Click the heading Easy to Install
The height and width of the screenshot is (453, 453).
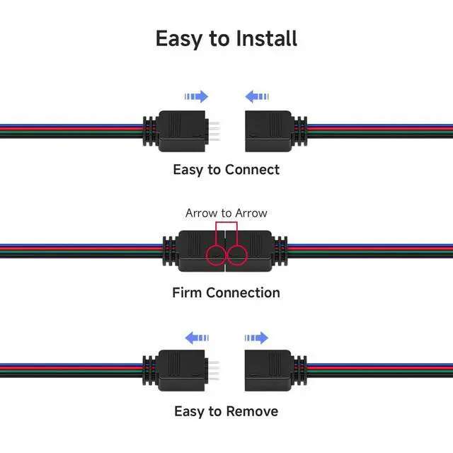coord(226,38)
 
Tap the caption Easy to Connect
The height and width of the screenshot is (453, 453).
coord(226,170)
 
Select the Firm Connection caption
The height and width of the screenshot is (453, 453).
coord(226,292)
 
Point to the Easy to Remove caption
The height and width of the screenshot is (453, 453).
coord(226,411)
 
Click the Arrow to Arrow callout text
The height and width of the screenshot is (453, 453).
coord(226,213)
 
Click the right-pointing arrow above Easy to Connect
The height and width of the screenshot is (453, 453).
coord(196,96)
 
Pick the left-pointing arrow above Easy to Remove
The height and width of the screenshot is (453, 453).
coord(196,338)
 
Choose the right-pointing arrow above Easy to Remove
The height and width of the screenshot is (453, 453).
coord(256,338)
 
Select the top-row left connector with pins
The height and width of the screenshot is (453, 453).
coord(177,130)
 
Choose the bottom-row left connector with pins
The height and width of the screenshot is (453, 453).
coord(177,371)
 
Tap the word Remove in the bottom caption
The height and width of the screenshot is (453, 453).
coord(252,411)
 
